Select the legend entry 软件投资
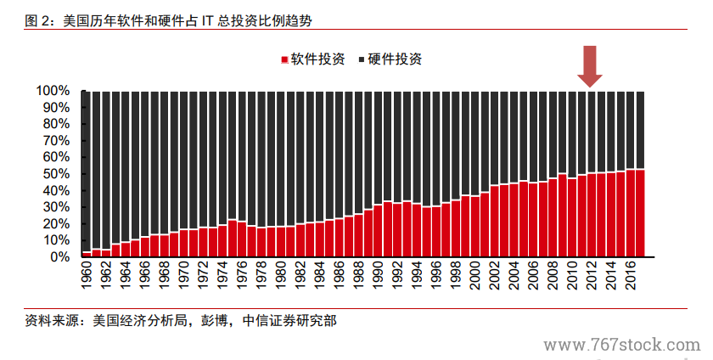pos(312,59)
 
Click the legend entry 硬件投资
pos(390,59)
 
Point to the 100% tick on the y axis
pos(53,91)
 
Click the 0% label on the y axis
pos(59,256)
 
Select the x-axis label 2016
pos(630,276)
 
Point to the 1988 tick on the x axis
pos(358,276)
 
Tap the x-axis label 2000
pos(474,276)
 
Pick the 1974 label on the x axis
pos(222,276)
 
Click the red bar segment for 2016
pos(631,213)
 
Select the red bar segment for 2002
pos(495,221)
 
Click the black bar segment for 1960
pos(87,170)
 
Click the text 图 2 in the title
pos(39,18)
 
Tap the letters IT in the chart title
pos(207,18)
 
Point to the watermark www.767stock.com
pos(622,346)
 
